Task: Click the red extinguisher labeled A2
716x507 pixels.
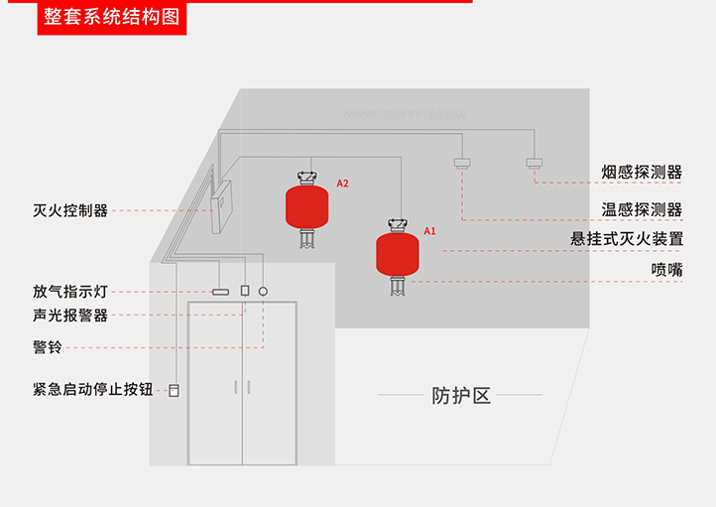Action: point(307,204)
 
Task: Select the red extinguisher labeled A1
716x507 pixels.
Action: point(398,254)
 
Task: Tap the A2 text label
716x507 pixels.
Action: point(342,184)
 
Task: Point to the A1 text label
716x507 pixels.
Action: point(430,230)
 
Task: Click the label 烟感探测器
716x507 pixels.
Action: point(642,172)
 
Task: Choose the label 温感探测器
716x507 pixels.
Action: point(642,209)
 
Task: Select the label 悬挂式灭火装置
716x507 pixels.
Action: point(627,239)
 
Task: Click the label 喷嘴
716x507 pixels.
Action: point(666,269)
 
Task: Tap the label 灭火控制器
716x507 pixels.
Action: point(69,210)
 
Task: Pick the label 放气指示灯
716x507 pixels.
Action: point(69,292)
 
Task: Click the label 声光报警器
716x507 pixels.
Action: point(69,316)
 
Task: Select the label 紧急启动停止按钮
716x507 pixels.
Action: point(92,390)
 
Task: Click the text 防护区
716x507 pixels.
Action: point(461,395)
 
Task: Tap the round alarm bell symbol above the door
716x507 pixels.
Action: point(264,292)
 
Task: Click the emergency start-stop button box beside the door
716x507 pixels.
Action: point(175,390)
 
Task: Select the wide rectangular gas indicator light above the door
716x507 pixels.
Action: point(220,292)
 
